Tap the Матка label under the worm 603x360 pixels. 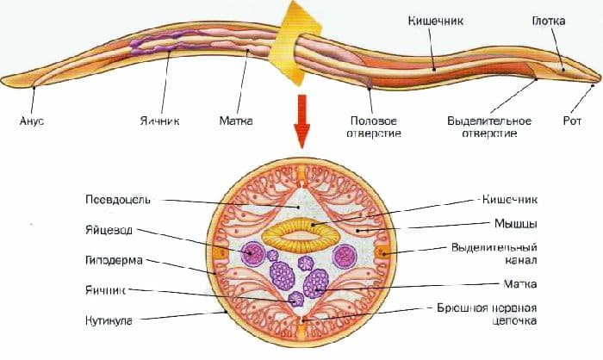(236, 121)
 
